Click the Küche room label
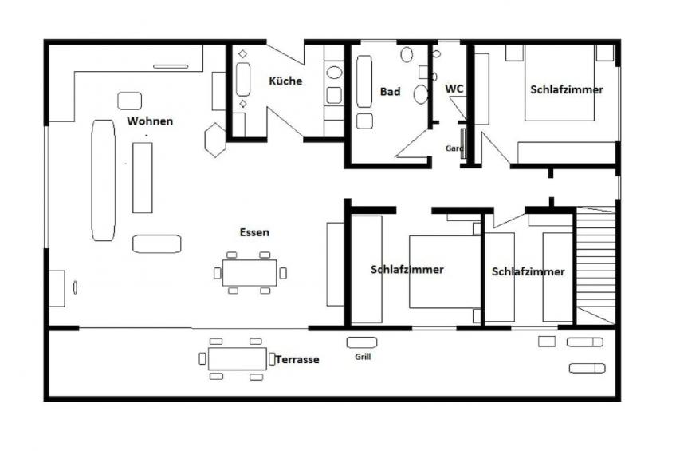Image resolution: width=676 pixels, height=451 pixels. [285, 81]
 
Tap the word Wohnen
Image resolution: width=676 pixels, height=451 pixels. [150, 121]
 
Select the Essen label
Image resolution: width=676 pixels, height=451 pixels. [254, 232]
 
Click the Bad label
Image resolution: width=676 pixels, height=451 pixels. [390, 92]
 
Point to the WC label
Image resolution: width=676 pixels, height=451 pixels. [454, 89]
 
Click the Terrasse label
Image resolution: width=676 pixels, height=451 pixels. [297, 359]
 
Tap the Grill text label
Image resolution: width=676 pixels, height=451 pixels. [363, 357]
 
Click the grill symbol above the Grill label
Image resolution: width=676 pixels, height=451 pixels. [362, 342]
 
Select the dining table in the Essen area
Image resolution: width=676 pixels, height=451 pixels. [250, 273]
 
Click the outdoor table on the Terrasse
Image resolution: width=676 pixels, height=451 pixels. [237, 358]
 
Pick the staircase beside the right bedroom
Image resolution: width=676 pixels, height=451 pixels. [596, 265]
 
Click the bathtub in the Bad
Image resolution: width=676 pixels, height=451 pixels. [364, 81]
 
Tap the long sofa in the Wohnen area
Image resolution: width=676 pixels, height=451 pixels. [104, 180]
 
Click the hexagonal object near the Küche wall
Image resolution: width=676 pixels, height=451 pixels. [215, 140]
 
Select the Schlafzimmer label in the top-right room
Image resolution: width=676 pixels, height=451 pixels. [567, 89]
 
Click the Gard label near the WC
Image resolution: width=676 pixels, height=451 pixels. [454, 148]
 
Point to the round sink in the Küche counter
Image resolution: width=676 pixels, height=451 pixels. [334, 73]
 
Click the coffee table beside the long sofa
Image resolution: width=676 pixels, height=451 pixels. [143, 178]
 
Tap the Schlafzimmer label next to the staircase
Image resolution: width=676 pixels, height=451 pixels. [528, 272]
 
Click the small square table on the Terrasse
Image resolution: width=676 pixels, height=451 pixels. [547, 342]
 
